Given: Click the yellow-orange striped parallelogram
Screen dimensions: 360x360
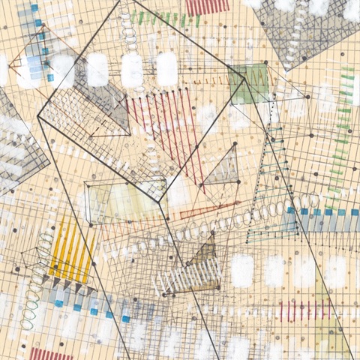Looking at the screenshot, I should pos(72,247).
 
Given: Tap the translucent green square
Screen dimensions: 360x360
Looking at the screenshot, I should pos(250,82).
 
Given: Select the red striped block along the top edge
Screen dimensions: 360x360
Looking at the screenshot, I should pos(206,7).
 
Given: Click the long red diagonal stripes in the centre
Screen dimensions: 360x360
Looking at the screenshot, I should pos(165,124).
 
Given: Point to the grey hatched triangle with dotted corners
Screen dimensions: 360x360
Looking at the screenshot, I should pos(223,166).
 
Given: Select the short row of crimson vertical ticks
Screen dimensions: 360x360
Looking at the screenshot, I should pos(304,310).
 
